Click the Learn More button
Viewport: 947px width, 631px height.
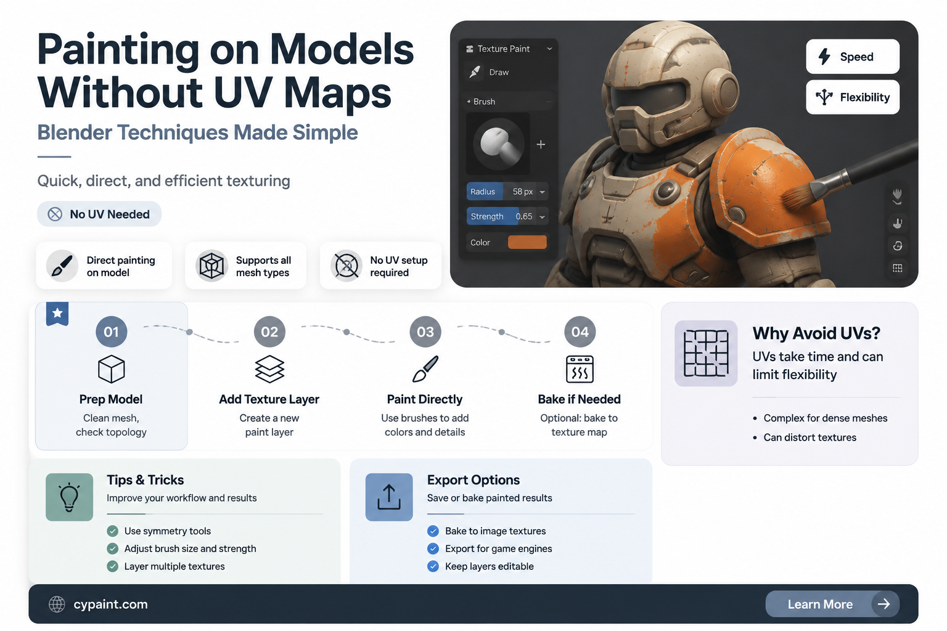(x=832, y=604)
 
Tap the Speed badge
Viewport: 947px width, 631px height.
(x=852, y=57)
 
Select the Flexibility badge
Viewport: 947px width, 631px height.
(x=852, y=97)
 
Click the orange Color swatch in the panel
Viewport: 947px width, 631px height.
(x=527, y=242)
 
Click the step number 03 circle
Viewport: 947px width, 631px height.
(x=425, y=332)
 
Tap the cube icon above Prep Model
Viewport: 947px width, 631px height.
(x=111, y=369)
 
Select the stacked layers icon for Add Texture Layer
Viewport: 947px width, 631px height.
(x=269, y=369)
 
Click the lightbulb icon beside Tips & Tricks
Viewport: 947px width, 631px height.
(x=69, y=497)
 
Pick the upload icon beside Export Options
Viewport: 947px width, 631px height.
(x=389, y=497)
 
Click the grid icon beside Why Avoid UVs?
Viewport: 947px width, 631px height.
(x=706, y=353)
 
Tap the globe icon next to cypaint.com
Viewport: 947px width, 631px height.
(x=57, y=605)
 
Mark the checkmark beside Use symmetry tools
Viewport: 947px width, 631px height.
(x=112, y=531)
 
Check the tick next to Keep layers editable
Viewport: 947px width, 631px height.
(x=433, y=566)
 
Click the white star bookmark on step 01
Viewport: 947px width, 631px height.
(x=57, y=314)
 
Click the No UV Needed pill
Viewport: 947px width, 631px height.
(x=99, y=214)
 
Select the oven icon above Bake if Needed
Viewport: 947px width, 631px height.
(x=580, y=369)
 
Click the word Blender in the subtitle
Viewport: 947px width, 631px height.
(x=74, y=132)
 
